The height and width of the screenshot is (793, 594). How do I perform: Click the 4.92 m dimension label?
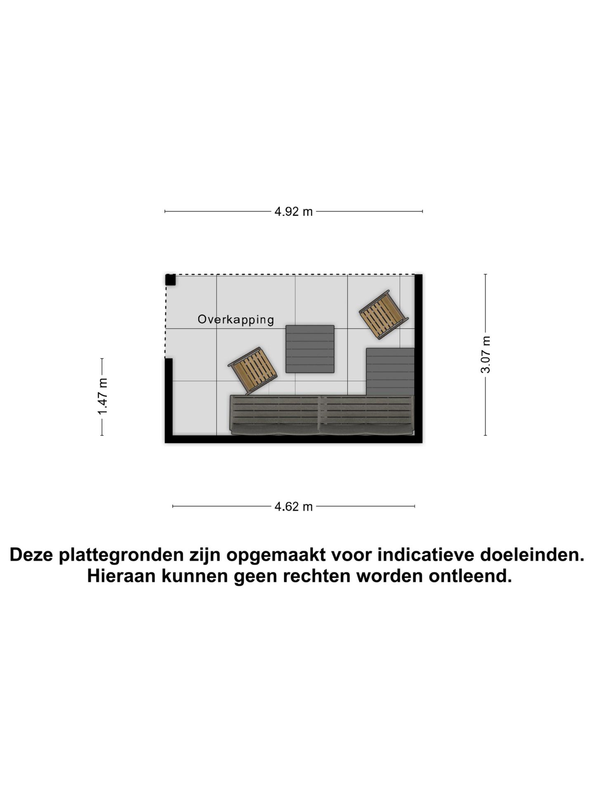(294, 212)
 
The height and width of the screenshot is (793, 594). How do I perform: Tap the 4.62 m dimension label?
(294, 507)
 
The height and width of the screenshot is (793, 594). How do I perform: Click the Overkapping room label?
(236, 320)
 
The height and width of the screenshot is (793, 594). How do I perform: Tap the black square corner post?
(170, 280)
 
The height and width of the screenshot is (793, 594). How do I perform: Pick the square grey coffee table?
(310, 349)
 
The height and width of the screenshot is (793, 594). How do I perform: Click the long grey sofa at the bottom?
(322, 415)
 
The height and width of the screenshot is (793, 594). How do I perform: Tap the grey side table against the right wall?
(390, 372)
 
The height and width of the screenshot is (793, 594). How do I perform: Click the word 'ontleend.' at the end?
(470, 576)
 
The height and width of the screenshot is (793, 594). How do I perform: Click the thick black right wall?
(418, 359)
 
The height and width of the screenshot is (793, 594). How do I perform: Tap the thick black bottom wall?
(294, 439)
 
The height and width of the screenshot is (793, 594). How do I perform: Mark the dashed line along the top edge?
(290, 274)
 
